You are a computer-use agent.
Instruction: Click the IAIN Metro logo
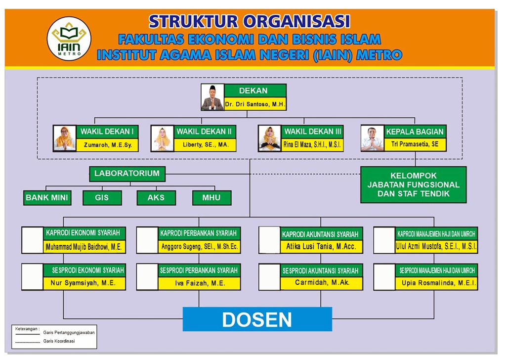(69, 39)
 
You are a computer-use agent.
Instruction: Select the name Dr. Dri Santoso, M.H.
(255, 104)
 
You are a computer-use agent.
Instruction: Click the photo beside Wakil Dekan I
(65, 138)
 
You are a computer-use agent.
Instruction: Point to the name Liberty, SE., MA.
(206, 145)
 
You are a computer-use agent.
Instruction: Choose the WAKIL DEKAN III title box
(312, 132)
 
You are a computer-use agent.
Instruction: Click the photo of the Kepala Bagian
(373, 138)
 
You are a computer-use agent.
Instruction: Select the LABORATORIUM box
(127, 174)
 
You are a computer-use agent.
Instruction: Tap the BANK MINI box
(47, 198)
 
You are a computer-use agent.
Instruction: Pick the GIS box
(102, 198)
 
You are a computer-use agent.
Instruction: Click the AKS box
(156, 198)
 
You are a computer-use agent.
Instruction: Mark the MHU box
(211, 198)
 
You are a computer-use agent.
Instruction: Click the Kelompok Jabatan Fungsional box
(414, 184)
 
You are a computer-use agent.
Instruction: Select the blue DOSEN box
(257, 319)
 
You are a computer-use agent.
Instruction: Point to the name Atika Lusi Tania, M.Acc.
(321, 247)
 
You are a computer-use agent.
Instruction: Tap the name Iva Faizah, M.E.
(200, 283)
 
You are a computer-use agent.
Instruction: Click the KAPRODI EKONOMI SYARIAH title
(83, 233)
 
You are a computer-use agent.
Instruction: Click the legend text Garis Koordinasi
(59, 341)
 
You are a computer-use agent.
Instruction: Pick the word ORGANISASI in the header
(296, 22)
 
